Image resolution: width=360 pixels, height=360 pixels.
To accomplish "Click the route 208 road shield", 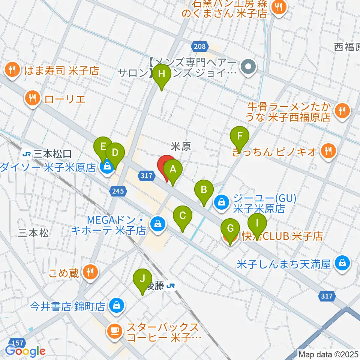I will coord(200,46).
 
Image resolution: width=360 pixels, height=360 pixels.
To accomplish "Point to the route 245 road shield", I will coord(118,192).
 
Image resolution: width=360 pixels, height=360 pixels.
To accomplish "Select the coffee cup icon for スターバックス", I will coord(114,330).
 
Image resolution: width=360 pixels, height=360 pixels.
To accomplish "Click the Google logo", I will coord(25,351).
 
